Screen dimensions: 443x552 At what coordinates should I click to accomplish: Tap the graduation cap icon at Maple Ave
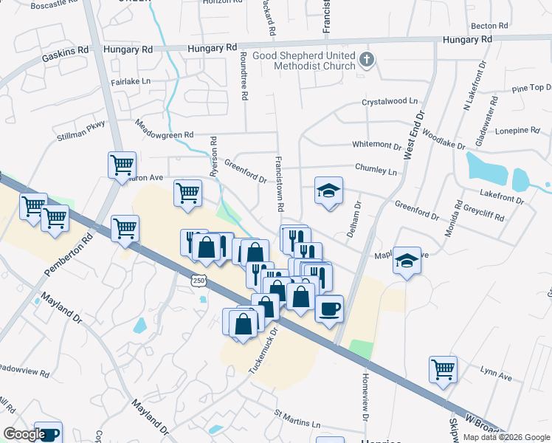tap(407, 261)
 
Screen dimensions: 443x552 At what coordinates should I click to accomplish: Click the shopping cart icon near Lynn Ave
tap(443, 369)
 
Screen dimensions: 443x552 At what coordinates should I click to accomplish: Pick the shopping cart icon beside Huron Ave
tap(122, 165)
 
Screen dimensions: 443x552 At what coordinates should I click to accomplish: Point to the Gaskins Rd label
tap(65, 49)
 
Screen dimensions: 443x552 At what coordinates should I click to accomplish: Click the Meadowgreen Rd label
tap(163, 130)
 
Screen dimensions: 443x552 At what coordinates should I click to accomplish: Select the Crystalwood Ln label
tap(389, 101)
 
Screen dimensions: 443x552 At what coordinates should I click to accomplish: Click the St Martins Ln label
tap(297, 419)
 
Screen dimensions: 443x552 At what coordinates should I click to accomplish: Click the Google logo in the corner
tap(24, 434)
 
